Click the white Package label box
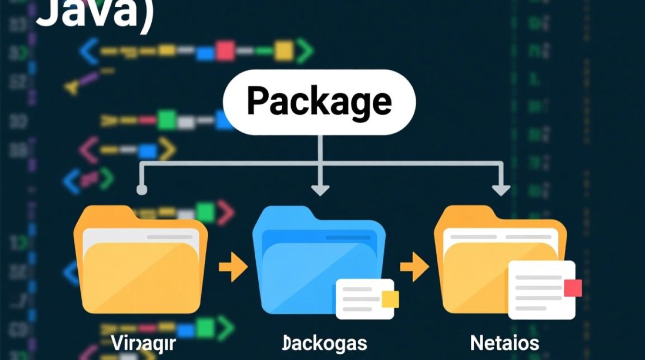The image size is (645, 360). pyautogui.click(x=319, y=101)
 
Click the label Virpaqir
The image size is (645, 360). pyautogui.click(x=144, y=343)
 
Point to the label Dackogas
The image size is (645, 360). pyautogui.click(x=324, y=343)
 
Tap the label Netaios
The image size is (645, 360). pyautogui.click(x=504, y=343)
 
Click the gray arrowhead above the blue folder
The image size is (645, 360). pyautogui.click(x=320, y=190)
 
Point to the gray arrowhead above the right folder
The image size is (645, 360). pyautogui.click(x=501, y=190)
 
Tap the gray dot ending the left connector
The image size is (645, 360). pyautogui.click(x=142, y=190)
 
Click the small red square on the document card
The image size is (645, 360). pyautogui.click(x=573, y=288)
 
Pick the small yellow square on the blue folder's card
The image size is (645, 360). pyautogui.click(x=390, y=299)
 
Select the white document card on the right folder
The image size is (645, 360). pyautogui.click(x=541, y=289)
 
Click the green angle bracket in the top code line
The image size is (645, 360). pyautogui.click(x=304, y=51)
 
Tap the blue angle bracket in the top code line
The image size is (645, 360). pyautogui.click(x=89, y=51)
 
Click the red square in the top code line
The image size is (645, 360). pyautogui.click(x=225, y=51)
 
